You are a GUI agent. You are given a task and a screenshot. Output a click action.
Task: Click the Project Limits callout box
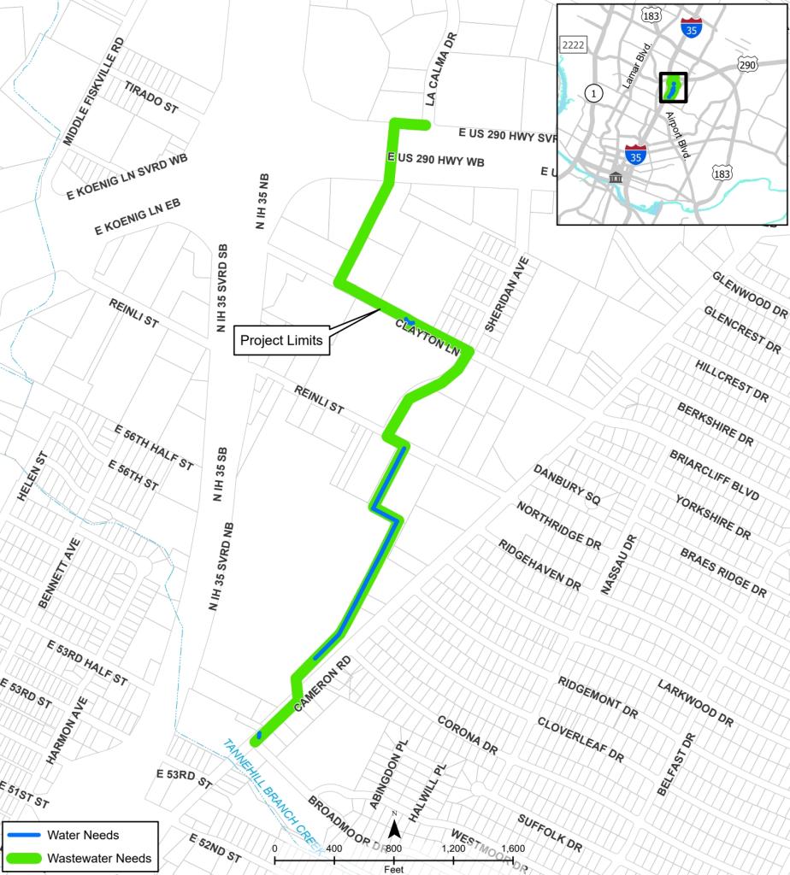[x=280, y=340]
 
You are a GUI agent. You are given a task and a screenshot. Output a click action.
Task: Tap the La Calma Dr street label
[x=441, y=69]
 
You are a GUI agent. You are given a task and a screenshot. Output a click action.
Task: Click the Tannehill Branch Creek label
[x=271, y=796]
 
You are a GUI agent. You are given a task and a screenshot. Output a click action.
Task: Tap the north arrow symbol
[x=395, y=827]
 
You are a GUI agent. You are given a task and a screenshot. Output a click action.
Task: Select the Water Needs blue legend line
[x=24, y=835]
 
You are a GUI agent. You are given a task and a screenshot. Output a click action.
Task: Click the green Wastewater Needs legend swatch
[x=24, y=857]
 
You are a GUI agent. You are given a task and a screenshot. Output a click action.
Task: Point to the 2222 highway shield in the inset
[x=571, y=44]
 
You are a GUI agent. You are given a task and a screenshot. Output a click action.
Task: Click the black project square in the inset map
[x=673, y=87]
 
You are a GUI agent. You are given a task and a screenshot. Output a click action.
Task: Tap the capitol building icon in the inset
[x=616, y=177]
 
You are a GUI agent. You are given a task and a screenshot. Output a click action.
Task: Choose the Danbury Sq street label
[x=562, y=486]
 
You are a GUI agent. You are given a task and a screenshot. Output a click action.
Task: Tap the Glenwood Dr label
[x=749, y=294]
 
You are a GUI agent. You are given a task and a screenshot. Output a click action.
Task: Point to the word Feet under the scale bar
[x=394, y=868]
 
